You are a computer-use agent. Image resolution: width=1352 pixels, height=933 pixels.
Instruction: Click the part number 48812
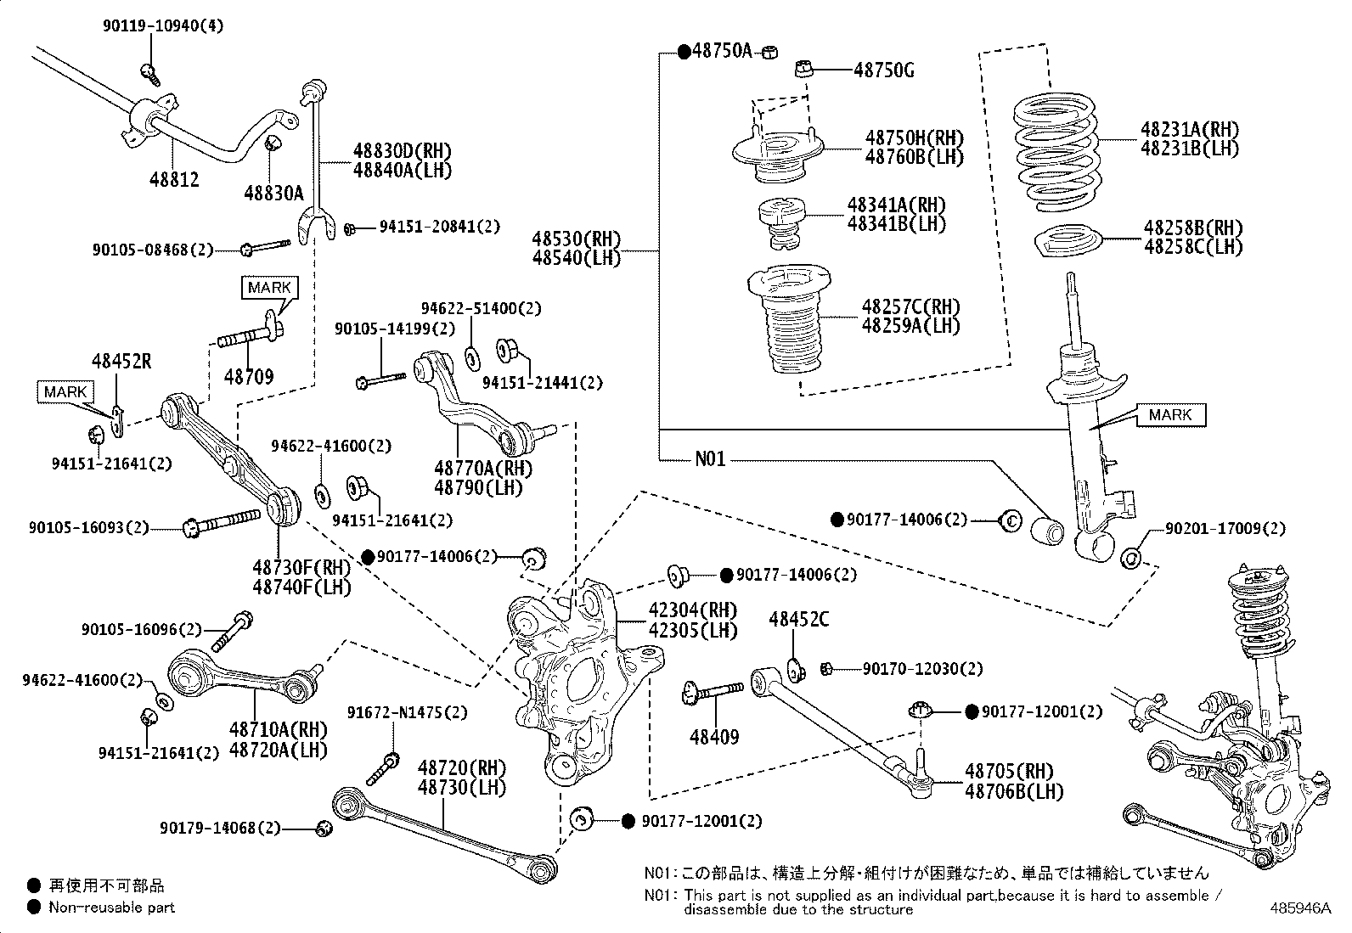coord(174,179)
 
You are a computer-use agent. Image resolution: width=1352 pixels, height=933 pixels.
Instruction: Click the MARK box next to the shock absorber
coord(1170,414)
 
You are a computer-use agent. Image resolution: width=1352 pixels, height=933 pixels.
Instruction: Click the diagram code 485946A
coord(1299,908)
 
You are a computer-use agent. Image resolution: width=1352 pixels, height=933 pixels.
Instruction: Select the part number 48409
coord(714,737)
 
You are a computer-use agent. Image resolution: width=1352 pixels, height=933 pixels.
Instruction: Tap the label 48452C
coord(799,620)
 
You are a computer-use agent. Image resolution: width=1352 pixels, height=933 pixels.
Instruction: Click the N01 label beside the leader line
coord(710,459)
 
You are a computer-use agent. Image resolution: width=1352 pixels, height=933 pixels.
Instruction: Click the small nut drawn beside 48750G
coord(804,69)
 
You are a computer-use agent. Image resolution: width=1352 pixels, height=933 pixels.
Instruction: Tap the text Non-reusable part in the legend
coord(111,907)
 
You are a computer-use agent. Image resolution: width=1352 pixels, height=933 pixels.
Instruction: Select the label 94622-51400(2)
coord(482,308)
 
